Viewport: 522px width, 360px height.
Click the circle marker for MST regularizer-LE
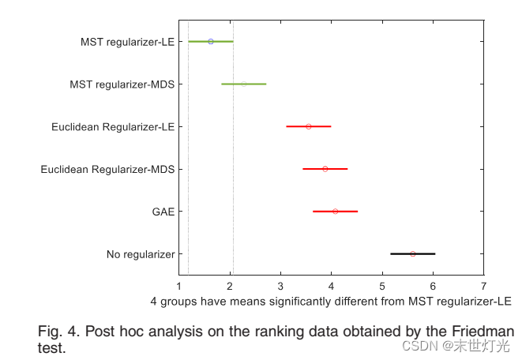(210, 41)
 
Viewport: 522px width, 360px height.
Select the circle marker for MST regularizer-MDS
(244, 84)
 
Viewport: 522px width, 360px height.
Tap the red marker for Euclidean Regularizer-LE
(308, 126)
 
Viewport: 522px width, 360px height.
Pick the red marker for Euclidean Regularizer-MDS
(325, 169)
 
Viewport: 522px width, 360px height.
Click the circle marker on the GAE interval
(335, 212)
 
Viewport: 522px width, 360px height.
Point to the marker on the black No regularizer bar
(412, 254)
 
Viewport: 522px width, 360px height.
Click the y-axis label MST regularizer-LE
(127, 41)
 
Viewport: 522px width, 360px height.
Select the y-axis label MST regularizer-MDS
(122, 84)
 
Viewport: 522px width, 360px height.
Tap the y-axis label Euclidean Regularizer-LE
(113, 126)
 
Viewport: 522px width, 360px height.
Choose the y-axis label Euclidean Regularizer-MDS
(107, 169)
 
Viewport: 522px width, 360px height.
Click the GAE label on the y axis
(163, 212)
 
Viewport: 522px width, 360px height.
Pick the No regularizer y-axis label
(140, 254)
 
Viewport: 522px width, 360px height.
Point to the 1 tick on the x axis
(179, 286)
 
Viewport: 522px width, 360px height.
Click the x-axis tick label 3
(280, 286)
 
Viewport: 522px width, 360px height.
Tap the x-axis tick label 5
(382, 286)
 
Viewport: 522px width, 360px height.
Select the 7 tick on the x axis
(483, 286)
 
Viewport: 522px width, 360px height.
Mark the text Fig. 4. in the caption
(58, 331)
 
